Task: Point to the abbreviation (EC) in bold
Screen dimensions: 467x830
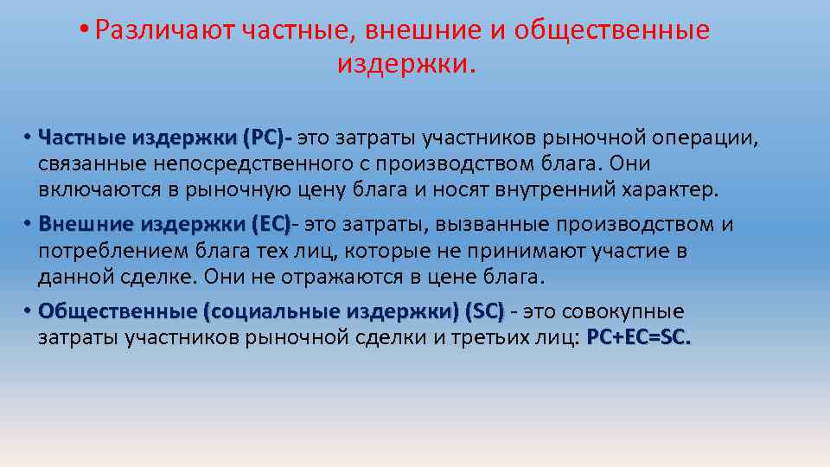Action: pyautogui.click(x=271, y=225)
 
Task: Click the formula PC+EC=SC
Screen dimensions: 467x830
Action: pyautogui.click(x=639, y=337)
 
